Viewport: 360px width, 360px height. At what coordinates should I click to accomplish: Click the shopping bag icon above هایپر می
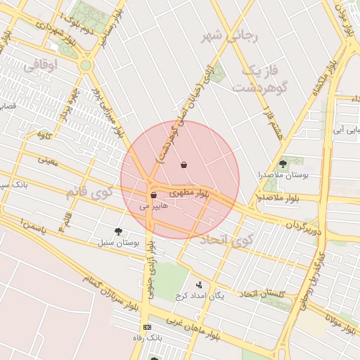153,195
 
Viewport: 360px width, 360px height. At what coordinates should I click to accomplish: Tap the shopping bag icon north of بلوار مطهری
184,165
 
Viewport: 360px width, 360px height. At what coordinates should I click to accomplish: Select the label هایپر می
154,207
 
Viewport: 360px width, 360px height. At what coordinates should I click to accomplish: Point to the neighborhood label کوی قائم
89,190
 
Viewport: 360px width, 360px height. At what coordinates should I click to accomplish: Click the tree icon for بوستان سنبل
118,231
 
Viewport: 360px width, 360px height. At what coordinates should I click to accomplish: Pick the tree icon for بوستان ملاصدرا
283,163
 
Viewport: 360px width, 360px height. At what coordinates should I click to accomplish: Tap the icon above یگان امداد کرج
199,285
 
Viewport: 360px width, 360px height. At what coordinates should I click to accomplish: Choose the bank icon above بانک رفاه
146,328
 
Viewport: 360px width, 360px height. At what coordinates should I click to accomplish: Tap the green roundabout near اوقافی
86,65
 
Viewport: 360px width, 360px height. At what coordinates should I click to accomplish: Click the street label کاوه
44,135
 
